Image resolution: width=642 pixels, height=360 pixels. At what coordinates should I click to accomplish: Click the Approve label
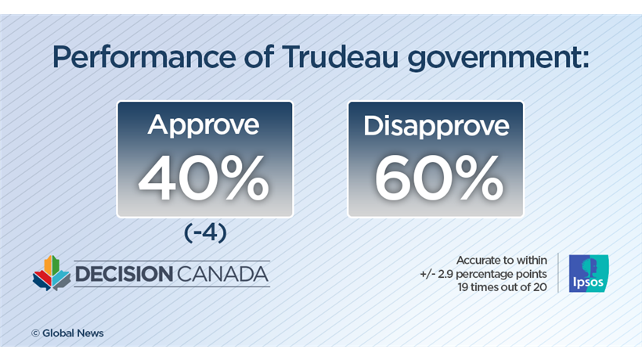pyautogui.click(x=204, y=126)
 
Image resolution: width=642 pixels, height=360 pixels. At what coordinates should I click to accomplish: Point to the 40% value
pyautogui.click(x=204, y=179)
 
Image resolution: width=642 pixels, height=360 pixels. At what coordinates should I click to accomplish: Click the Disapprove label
pyautogui.click(x=435, y=126)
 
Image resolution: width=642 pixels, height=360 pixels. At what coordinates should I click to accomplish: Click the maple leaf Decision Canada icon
pyautogui.click(x=51, y=273)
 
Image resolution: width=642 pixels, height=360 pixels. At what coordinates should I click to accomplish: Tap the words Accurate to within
pyautogui.click(x=500, y=259)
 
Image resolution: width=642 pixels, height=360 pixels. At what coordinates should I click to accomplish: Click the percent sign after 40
pyautogui.click(x=240, y=179)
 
